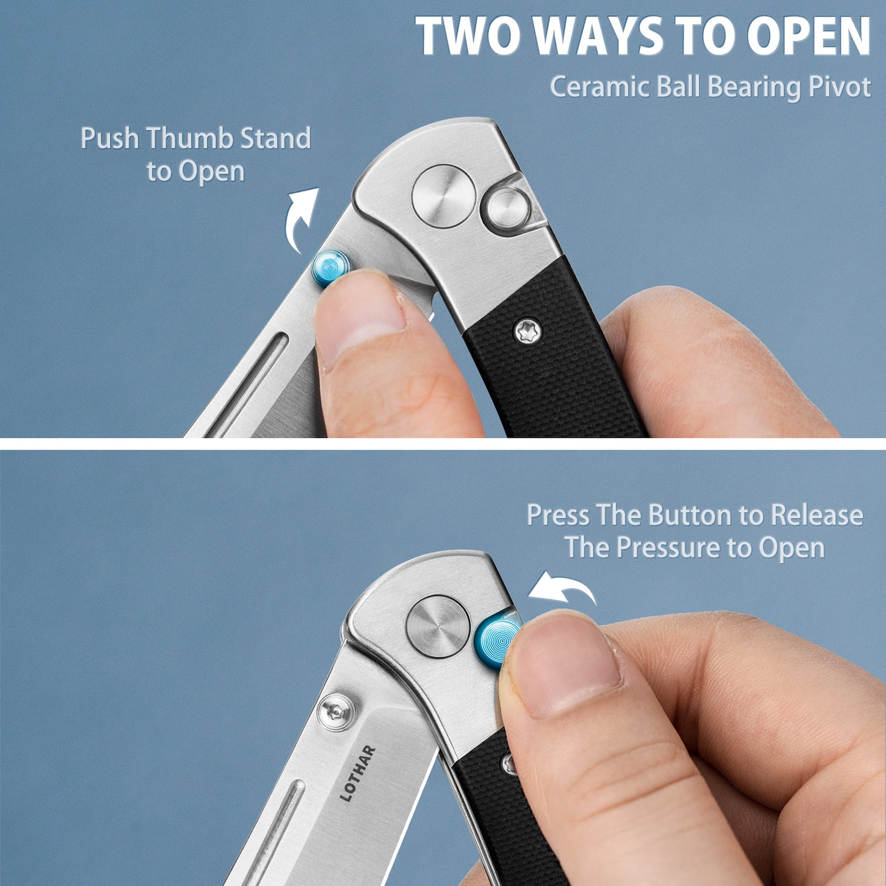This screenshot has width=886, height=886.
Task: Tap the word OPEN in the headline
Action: [x=808, y=36]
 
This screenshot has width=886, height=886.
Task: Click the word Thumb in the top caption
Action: [x=190, y=138]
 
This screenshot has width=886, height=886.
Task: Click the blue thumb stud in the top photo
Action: [x=330, y=269]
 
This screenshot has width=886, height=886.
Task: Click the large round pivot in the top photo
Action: [x=443, y=196]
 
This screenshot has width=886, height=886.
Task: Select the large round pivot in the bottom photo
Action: [x=438, y=626]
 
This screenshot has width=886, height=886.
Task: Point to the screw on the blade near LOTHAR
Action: [x=337, y=712]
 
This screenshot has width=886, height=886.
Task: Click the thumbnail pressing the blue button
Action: [x=563, y=662]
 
